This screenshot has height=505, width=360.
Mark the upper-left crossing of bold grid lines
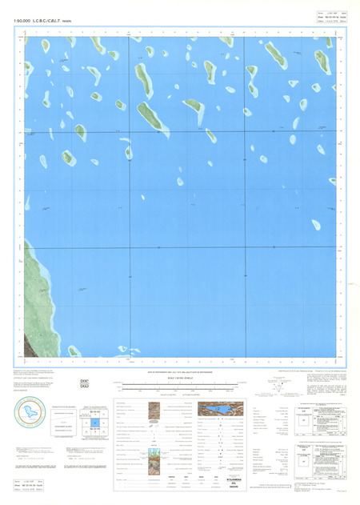tap(130, 132)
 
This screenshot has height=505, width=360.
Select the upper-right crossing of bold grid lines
tap(274, 132)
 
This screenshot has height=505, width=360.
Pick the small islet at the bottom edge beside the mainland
tap(74, 351)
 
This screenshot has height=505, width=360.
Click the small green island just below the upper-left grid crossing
tap(128, 151)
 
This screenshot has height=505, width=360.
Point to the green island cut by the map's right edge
tap(333, 181)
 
